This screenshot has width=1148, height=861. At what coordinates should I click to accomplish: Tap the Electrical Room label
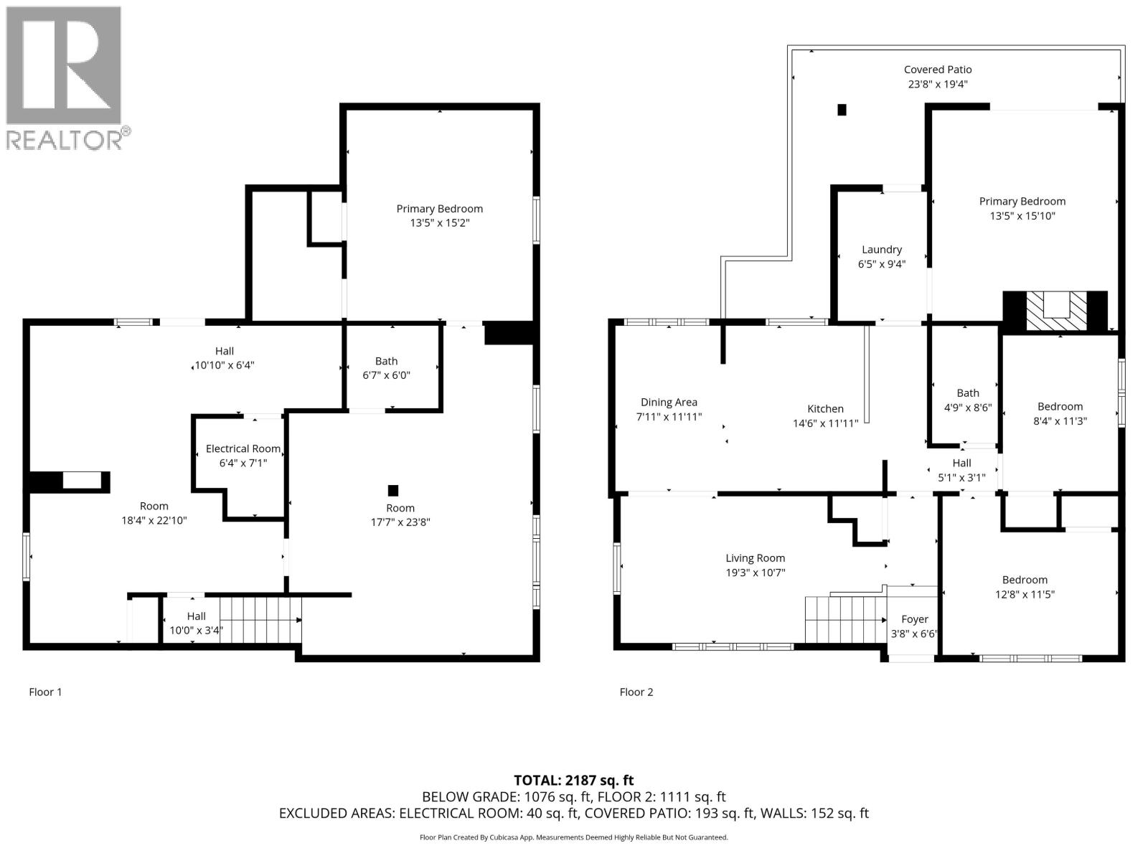click(243, 448)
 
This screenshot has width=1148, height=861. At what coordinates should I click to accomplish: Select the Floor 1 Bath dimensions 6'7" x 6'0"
click(386, 375)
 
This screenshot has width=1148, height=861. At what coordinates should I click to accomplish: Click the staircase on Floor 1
click(260, 620)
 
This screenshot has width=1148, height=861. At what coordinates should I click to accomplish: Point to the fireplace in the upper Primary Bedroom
click(1055, 311)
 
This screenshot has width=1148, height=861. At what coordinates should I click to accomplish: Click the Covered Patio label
click(937, 70)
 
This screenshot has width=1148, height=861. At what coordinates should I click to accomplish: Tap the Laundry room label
click(881, 250)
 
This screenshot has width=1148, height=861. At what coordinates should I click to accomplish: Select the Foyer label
click(914, 619)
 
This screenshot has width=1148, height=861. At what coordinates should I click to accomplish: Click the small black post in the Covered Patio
click(842, 110)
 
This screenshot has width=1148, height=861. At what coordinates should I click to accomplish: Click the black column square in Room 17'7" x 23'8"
click(392, 491)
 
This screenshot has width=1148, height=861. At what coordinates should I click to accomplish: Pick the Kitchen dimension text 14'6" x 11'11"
click(825, 423)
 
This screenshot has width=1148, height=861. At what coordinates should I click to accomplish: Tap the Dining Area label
click(669, 403)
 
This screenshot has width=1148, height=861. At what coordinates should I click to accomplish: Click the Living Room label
click(755, 558)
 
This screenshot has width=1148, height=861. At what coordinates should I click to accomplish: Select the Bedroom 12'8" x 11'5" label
click(1025, 580)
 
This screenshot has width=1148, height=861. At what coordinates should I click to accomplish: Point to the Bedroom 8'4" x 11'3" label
click(1060, 406)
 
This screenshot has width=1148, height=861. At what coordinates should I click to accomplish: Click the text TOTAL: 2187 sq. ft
click(573, 780)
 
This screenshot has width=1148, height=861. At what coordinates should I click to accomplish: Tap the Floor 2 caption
click(636, 692)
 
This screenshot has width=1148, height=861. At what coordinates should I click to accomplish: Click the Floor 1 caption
click(45, 692)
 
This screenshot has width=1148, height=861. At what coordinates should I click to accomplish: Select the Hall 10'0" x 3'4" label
click(196, 616)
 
